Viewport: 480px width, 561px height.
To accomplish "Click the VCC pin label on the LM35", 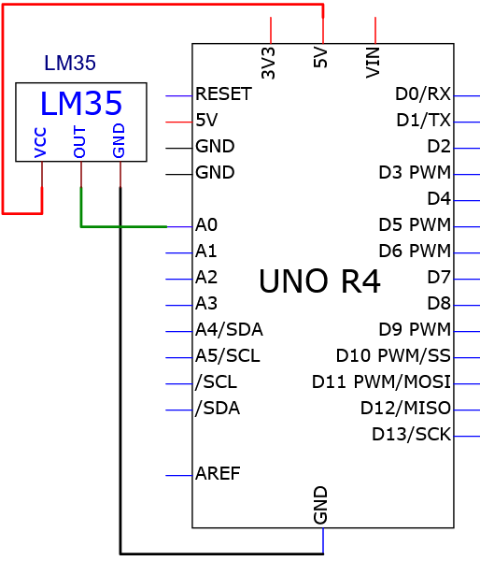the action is point(40,143).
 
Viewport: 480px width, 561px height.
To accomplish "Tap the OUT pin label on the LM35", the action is point(79,142).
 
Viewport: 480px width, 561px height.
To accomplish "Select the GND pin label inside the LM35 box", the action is point(119,140).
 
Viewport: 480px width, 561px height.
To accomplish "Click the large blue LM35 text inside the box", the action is point(81,104).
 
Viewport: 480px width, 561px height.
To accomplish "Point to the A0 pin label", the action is point(206,225).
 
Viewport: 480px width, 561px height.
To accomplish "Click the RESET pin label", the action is point(224,94).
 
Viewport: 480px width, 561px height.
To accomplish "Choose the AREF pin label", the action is point(218,474).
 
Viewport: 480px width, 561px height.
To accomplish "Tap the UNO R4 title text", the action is point(319,281).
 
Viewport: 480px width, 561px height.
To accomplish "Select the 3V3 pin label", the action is point(268,63).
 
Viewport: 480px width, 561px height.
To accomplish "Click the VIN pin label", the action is point(373,63).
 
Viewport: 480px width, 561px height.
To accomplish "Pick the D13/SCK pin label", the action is point(412,435).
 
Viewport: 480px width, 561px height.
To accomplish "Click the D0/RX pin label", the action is point(423,94).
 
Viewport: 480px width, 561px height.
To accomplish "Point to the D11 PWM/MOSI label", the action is point(381,382).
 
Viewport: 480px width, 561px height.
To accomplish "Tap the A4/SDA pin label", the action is point(229,330).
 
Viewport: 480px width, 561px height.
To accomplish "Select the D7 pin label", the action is point(439,278).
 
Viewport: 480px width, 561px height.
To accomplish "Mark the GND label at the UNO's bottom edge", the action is point(320,505).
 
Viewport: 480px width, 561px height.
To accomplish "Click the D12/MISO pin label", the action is point(405,409).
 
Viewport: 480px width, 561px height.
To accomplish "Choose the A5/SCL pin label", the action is point(228,356).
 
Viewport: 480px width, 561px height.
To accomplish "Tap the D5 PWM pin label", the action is point(415,225).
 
